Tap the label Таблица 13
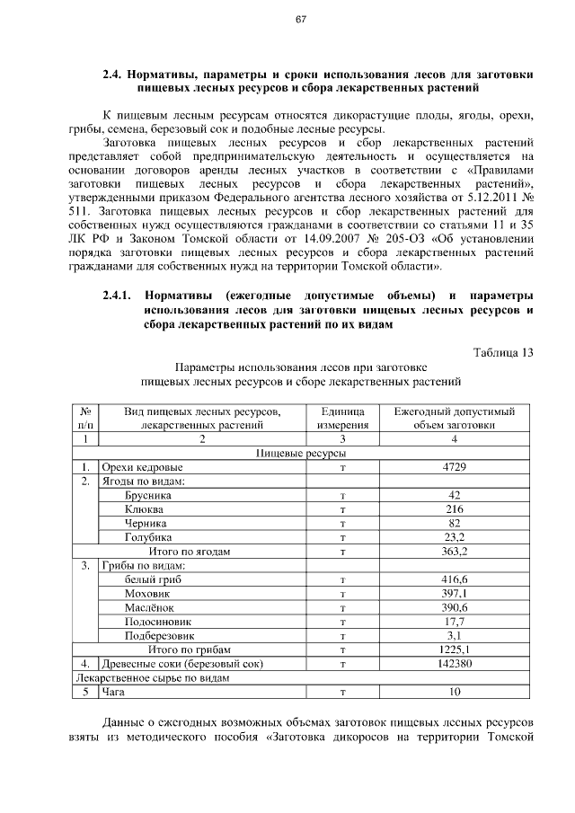pos(503,352)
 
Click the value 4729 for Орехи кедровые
pos(454,468)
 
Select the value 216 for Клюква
pos(454,509)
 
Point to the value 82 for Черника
pos(454,523)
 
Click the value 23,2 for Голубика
pos(454,537)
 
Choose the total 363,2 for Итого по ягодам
pos(454,551)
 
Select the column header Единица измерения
pos(342,419)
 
